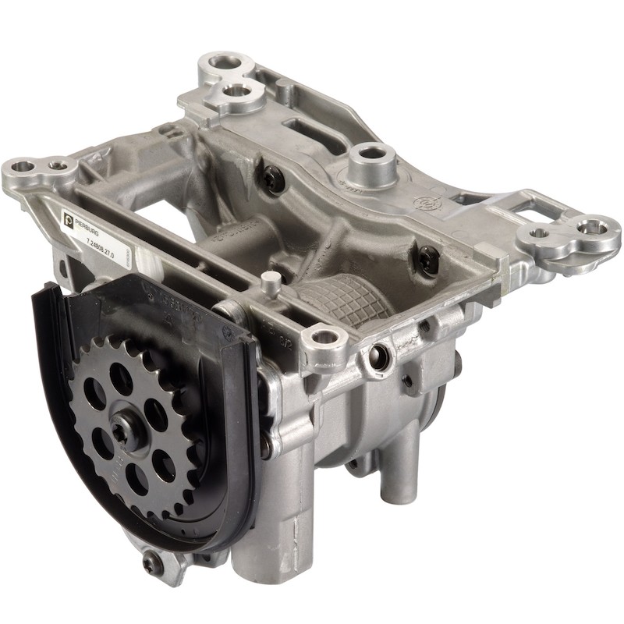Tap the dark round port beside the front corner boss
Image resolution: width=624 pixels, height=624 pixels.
[380, 356]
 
